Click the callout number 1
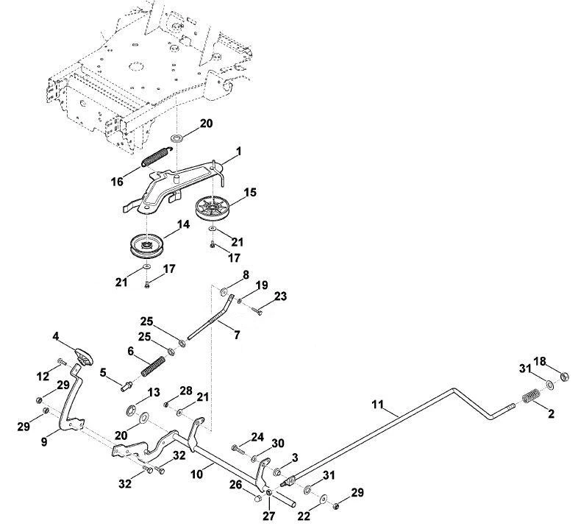click(238, 152)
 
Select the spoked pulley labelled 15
click(212, 209)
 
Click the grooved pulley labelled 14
click(147, 245)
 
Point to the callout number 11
click(377, 405)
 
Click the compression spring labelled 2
click(531, 397)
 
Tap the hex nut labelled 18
click(564, 377)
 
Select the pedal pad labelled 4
click(84, 356)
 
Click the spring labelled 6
click(153, 366)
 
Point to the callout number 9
click(44, 441)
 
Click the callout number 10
click(197, 474)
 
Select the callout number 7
click(237, 335)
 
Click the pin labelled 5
click(126, 387)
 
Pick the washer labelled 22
click(324, 499)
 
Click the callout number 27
click(268, 516)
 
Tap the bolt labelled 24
click(238, 449)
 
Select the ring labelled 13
click(130, 411)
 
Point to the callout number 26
click(235, 484)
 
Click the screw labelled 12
click(62, 361)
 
